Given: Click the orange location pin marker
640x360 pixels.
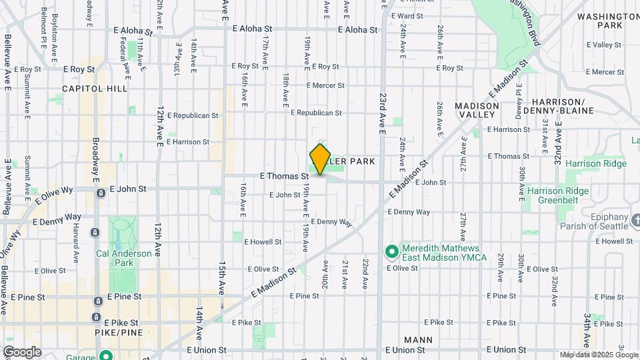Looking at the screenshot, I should point(321,159).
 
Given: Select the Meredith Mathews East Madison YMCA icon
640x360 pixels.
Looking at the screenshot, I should point(391,251).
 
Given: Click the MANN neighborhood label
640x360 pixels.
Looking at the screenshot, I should point(418,339).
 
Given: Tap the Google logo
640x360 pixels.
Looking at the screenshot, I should point(22,351).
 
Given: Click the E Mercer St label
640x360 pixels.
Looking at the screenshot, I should point(326,85).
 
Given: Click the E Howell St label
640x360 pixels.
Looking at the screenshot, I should point(264,241).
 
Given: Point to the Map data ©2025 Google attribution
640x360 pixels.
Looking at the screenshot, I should point(599,355).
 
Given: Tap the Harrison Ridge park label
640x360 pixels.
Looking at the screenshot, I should point(595,163).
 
